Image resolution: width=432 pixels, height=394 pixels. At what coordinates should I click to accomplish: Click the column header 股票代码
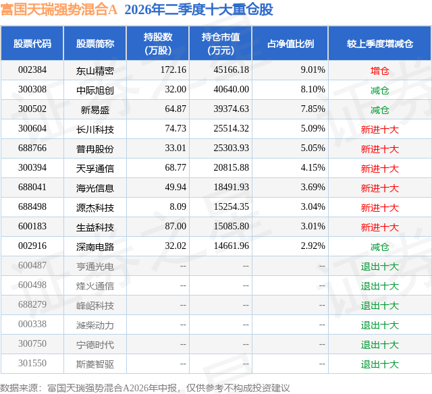tap(32, 43)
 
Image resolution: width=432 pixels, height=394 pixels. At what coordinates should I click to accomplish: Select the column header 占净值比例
tap(290, 43)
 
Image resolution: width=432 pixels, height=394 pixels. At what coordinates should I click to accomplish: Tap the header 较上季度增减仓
tap(380, 43)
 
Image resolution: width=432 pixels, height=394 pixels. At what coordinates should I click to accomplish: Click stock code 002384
tap(32, 70)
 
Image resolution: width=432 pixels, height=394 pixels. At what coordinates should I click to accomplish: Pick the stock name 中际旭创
tap(95, 90)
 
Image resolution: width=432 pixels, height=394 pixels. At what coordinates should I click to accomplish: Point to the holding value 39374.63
tap(231, 109)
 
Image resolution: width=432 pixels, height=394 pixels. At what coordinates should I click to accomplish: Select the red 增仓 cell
tap(379, 71)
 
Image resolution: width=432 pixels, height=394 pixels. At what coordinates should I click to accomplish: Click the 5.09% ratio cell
tap(313, 129)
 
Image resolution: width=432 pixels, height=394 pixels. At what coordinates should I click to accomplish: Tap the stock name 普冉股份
tap(95, 149)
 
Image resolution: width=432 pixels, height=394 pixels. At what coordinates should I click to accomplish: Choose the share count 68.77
tap(175, 168)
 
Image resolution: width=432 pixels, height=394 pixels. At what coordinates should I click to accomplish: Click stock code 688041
tap(32, 188)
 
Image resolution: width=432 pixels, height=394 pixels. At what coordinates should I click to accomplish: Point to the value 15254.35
tap(231, 206)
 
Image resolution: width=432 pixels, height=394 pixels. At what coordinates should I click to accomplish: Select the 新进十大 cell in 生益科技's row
tap(380, 227)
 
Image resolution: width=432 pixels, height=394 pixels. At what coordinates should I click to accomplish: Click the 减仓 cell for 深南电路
tap(379, 247)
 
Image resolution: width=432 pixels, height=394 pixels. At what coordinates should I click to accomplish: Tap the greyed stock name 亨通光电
tap(95, 266)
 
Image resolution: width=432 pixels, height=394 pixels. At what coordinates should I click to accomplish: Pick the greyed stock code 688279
tap(32, 304)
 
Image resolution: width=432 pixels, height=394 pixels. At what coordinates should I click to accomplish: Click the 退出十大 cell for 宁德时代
tap(380, 345)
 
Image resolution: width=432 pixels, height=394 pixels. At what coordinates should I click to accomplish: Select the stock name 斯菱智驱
tap(95, 364)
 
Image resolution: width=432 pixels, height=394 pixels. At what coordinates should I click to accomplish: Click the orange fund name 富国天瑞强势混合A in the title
tap(59, 9)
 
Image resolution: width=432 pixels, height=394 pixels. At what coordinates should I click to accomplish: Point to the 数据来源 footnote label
tap(19, 388)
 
